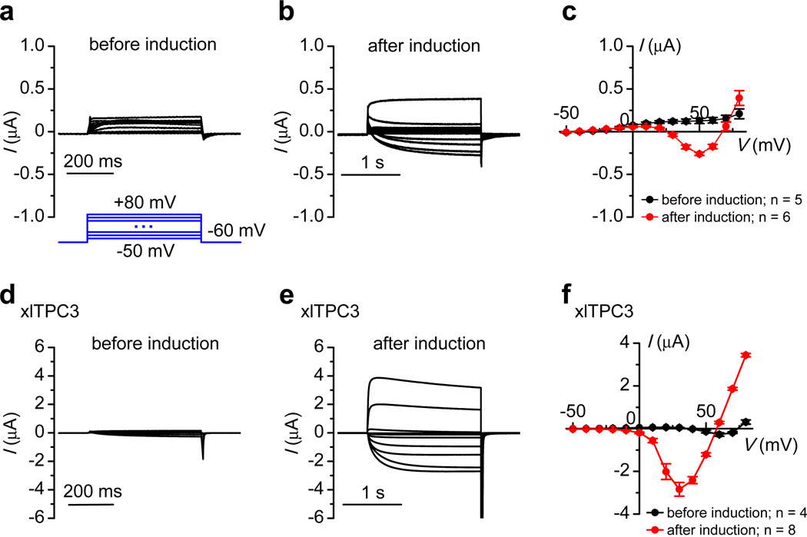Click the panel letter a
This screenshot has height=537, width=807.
coord(9,12)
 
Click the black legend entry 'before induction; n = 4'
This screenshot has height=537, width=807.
coord(715,512)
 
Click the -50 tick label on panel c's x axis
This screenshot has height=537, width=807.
coord(570,114)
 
